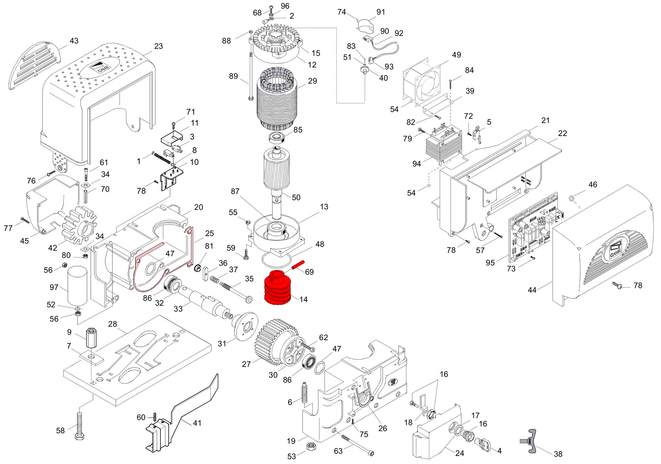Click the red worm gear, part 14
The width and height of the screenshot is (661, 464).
tap(279, 288)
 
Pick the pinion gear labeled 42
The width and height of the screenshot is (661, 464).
tap(79, 226)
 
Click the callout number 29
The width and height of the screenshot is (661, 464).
tap(312, 81)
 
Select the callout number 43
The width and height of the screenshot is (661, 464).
tap(74, 41)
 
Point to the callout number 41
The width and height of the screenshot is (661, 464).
tap(197, 423)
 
